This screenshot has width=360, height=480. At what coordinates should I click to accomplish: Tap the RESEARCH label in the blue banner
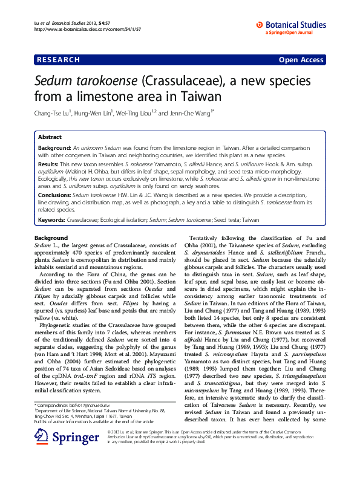(x=59, y=60)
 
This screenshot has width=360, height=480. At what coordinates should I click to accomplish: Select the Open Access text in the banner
(x=302, y=60)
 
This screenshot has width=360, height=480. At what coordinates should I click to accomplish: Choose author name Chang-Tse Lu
(x=53, y=112)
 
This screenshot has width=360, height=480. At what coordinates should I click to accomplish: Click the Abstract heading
(x=50, y=137)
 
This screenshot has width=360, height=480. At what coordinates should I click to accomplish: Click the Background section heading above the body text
(x=51, y=238)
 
